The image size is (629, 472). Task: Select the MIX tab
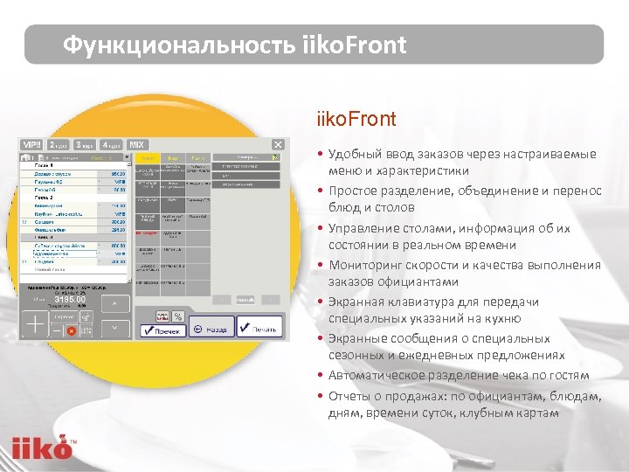pyautogui.click(x=137, y=144)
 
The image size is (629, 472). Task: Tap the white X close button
pyautogui.click(x=278, y=145)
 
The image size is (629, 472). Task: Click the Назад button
pyautogui.click(x=213, y=330)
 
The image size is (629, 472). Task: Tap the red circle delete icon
pyautogui.click(x=72, y=331)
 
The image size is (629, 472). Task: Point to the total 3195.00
pyautogui.click(x=70, y=299)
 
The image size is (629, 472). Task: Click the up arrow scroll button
pyautogui.click(x=114, y=303)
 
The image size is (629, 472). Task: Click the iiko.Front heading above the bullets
pyautogui.click(x=356, y=119)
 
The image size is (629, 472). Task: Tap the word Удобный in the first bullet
pyautogui.click(x=354, y=154)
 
